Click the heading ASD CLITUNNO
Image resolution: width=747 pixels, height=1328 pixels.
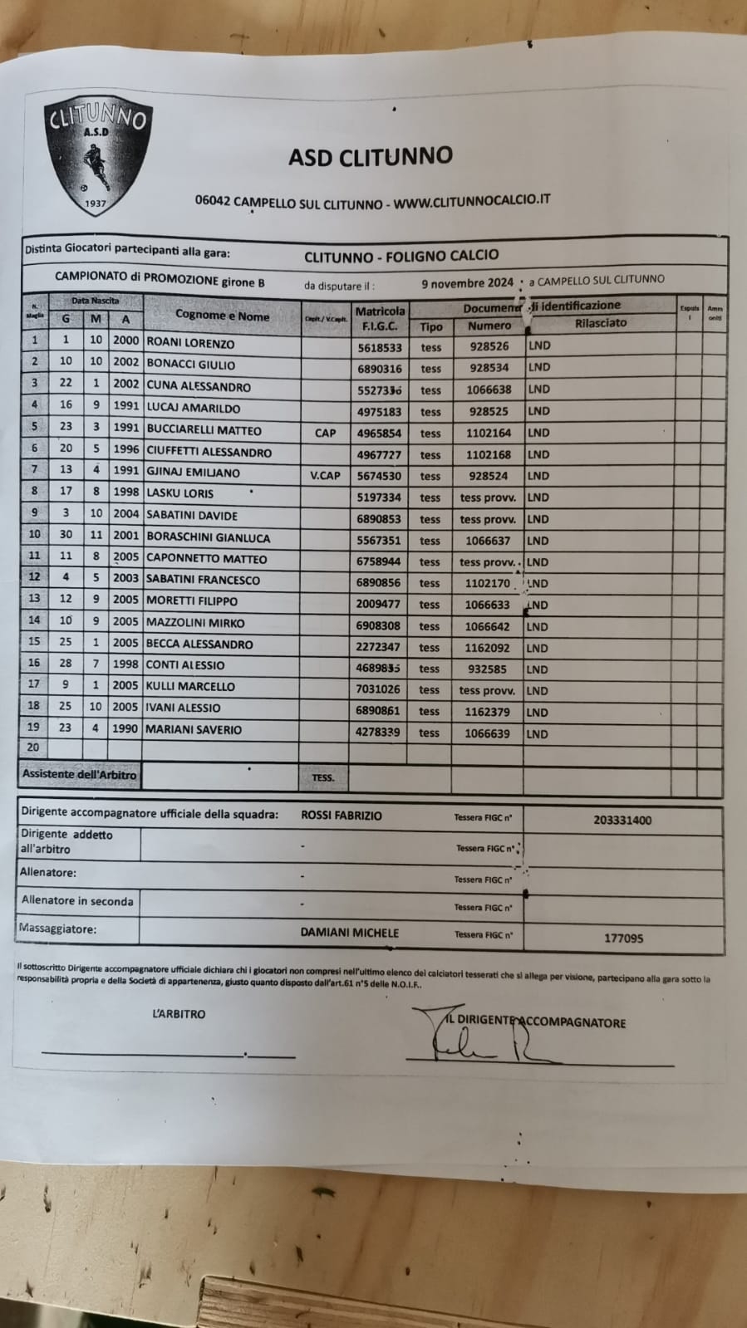[x=371, y=156]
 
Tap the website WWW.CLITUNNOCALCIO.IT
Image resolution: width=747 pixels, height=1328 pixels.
[x=472, y=200]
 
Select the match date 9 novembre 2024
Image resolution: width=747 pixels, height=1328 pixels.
[x=467, y=282]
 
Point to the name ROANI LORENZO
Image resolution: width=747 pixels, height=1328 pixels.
[x=190, y=343]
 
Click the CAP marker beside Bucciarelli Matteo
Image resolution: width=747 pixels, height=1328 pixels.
[x=325, y=433]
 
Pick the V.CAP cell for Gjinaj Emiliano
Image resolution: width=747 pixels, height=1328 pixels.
[x=325, y=476]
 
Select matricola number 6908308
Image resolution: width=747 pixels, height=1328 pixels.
[x=378, y=626]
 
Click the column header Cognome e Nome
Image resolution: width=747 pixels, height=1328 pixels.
[x=222, y=316]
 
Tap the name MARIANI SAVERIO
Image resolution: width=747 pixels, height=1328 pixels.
[x=194, y=729]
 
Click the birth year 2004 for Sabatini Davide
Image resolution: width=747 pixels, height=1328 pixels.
[x=126, y=513]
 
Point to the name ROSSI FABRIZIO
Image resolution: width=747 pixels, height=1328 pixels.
[x=342, y=816]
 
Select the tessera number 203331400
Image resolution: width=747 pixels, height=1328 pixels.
[x=622, y=820]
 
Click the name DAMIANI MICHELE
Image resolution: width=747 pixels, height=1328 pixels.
[x=349, y=933]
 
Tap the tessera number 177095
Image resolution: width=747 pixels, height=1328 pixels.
[x=623, y=938]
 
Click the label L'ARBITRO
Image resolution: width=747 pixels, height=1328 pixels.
[x=179, y=1014]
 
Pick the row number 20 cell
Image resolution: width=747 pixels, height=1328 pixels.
[x=33, y=747]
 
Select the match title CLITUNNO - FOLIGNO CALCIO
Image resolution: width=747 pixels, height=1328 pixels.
[x=401, y=256]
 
